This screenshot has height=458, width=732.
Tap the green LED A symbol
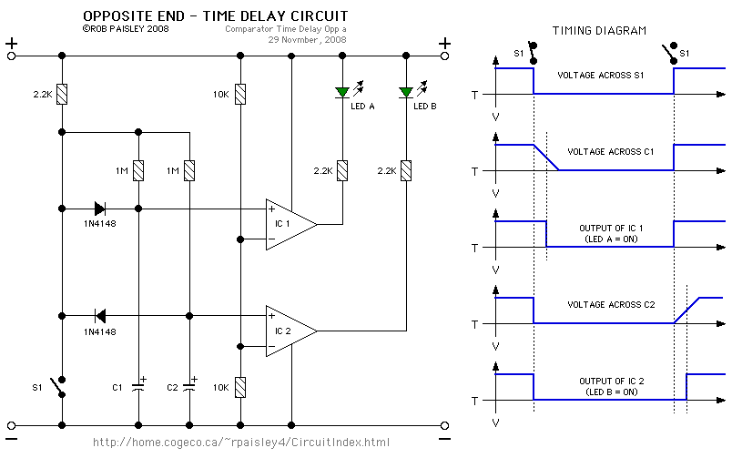[342, 92]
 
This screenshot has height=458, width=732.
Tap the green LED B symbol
[405, 92]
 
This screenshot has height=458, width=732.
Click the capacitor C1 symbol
[137, 386]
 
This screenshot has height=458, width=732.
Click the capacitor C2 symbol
[189, 386]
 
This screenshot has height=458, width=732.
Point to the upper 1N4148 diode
[99, 209]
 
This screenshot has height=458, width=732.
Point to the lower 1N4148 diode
[99, 316]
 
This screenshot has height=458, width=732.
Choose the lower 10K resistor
[239, 386]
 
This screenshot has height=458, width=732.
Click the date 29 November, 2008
[307, 40]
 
